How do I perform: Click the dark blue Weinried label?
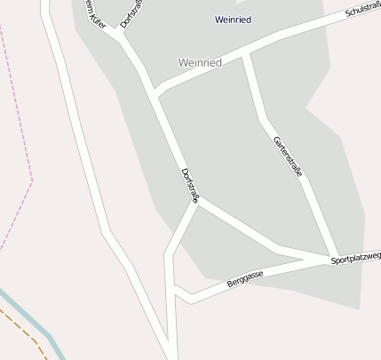234,19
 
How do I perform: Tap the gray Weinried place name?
200,63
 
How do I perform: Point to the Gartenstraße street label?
289,156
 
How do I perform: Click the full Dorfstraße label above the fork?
190,185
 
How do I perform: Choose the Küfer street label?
93,14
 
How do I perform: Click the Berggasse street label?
244,279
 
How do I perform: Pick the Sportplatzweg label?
355,258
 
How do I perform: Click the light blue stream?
36,324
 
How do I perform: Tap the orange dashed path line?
27,332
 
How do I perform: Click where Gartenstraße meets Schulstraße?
245,55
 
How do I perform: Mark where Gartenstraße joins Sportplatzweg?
332,258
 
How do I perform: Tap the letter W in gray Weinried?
183,63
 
